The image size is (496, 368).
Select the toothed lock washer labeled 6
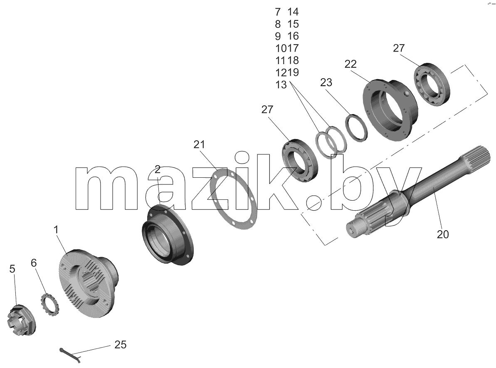[x=49, y=305]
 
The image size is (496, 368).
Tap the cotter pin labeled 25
[x=71, y=354]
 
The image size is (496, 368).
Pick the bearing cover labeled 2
[x=167, y=235]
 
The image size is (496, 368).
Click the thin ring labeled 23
[x=356, y=128]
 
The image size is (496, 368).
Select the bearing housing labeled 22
[x=390, y=109]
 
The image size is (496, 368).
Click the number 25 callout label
[x=120, y=345]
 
